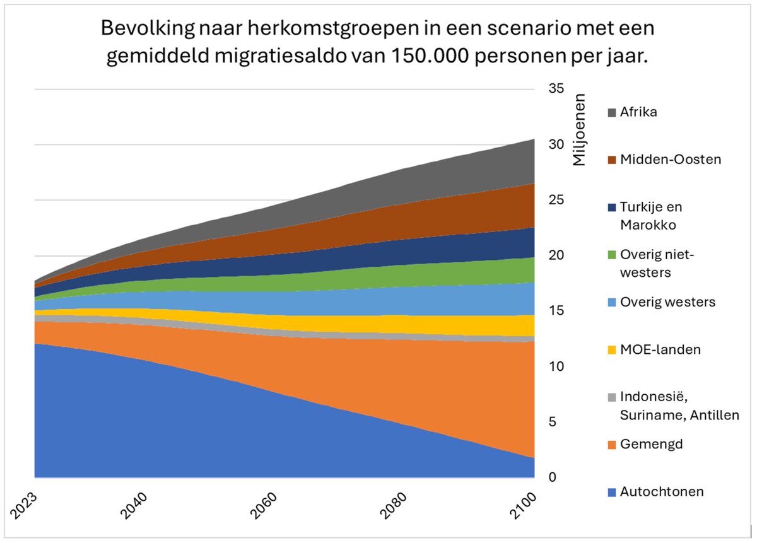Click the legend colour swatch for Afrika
[x=612, y=112]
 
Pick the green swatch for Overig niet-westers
[x=612, y=255]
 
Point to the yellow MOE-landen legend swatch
[x=612, y=349]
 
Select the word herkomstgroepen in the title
[x=292, y=28]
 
